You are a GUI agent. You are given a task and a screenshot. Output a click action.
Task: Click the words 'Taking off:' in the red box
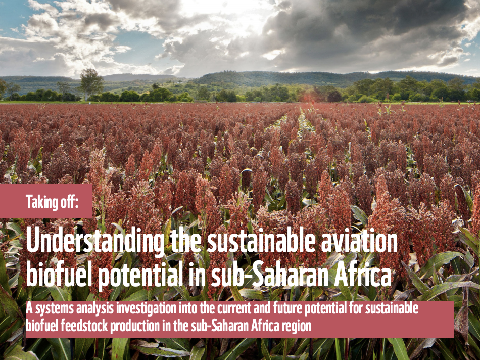click(52, 201)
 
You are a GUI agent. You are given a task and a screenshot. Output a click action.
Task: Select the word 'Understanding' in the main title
click(95, 241)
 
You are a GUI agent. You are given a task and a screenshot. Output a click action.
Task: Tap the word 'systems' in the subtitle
click(54, 309)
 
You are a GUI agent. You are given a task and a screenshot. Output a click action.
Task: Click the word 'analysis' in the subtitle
click(94, 309)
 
